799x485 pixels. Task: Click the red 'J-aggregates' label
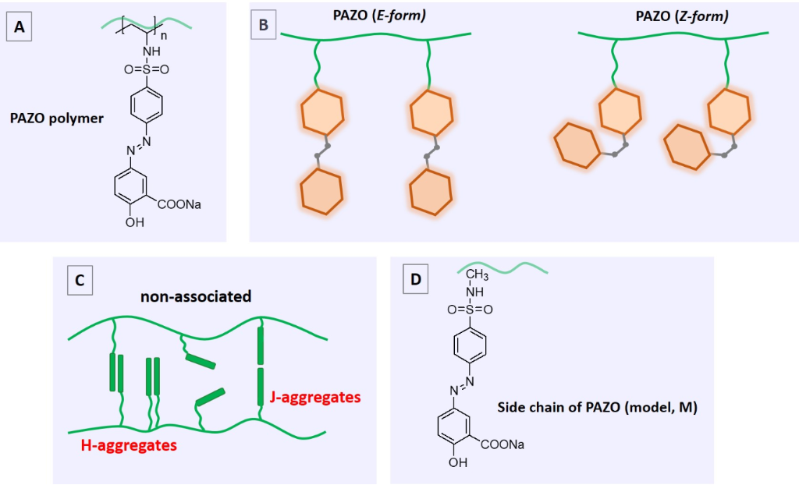[x=315, y=398]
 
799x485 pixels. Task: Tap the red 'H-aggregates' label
[x=129, y=445]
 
